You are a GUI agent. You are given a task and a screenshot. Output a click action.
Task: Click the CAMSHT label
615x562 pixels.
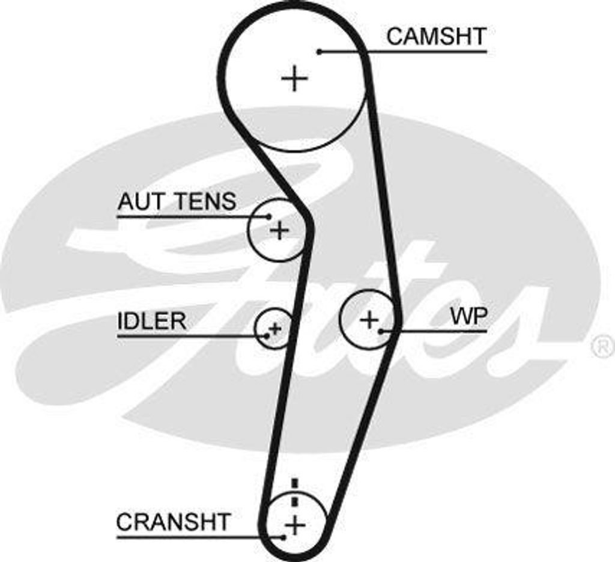pyautogui.click(x=435, y=37)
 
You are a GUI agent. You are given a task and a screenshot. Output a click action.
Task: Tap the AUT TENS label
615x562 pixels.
pyautogui.click(x=177, y=201)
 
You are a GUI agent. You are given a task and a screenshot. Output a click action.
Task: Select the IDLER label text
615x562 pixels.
pyautogui.click(x=151, y=321)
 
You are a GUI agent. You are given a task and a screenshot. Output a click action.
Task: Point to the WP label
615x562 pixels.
pyautogui.click(x=468, y=317)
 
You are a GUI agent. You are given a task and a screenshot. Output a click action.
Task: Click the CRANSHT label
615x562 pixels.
pyautogui.click(x=173, y=521)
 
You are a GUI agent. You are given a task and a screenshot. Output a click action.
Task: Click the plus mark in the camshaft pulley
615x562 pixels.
pyautogui.click(x=294, y=79)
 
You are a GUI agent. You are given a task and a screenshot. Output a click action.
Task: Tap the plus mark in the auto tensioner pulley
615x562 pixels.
pyautogui.click(x=279, y=230)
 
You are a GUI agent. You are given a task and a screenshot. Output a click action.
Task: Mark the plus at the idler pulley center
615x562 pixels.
pyautogui.click(x=275, y=328)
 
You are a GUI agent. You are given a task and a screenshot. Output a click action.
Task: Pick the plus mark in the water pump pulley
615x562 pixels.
pyautogui.click(x=369, y=319)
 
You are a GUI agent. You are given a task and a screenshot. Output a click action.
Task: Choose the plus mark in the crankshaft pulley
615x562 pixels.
pyautogui.click(x=294, y=525)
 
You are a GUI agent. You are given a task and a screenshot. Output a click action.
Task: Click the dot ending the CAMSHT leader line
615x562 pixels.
pyautogui.click(x=320, y=52)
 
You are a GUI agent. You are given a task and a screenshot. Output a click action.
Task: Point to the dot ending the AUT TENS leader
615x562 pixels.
pyautogui.click(x=270, y=216)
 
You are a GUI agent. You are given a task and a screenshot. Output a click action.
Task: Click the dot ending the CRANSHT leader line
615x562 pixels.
pyautogui.click(x=283, y=536)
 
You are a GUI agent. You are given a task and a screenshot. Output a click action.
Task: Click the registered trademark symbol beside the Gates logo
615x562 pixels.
pyautogui.click(x=602, y=347)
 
